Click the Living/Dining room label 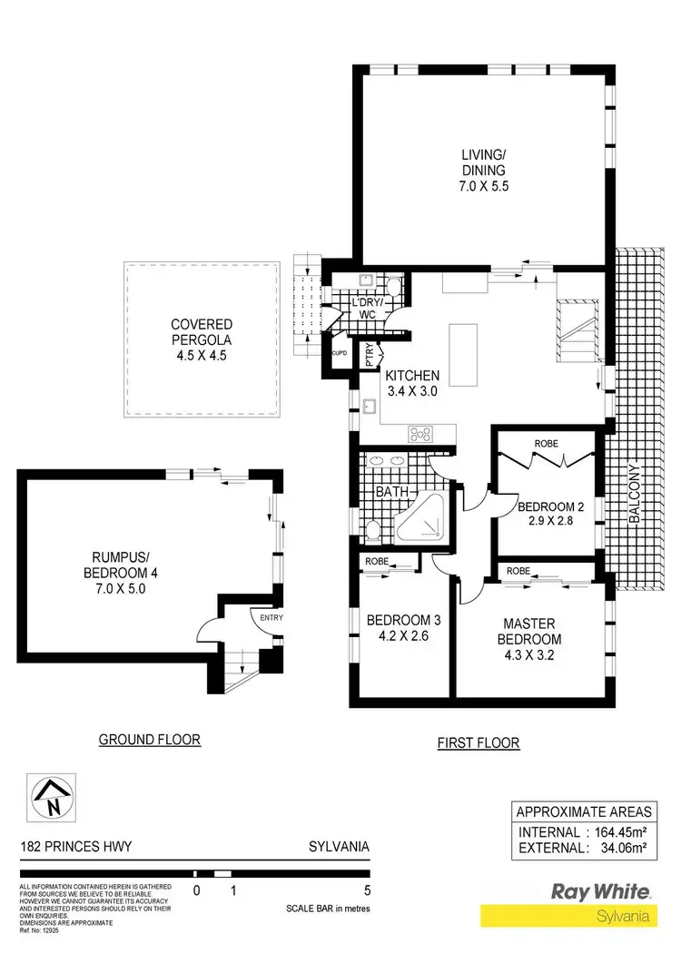tap(481, 170)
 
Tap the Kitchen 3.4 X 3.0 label tap(413, 383)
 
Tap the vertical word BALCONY tap(636, 495)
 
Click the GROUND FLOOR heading tap(150, 740)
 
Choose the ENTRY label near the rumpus tap(271, 618)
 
